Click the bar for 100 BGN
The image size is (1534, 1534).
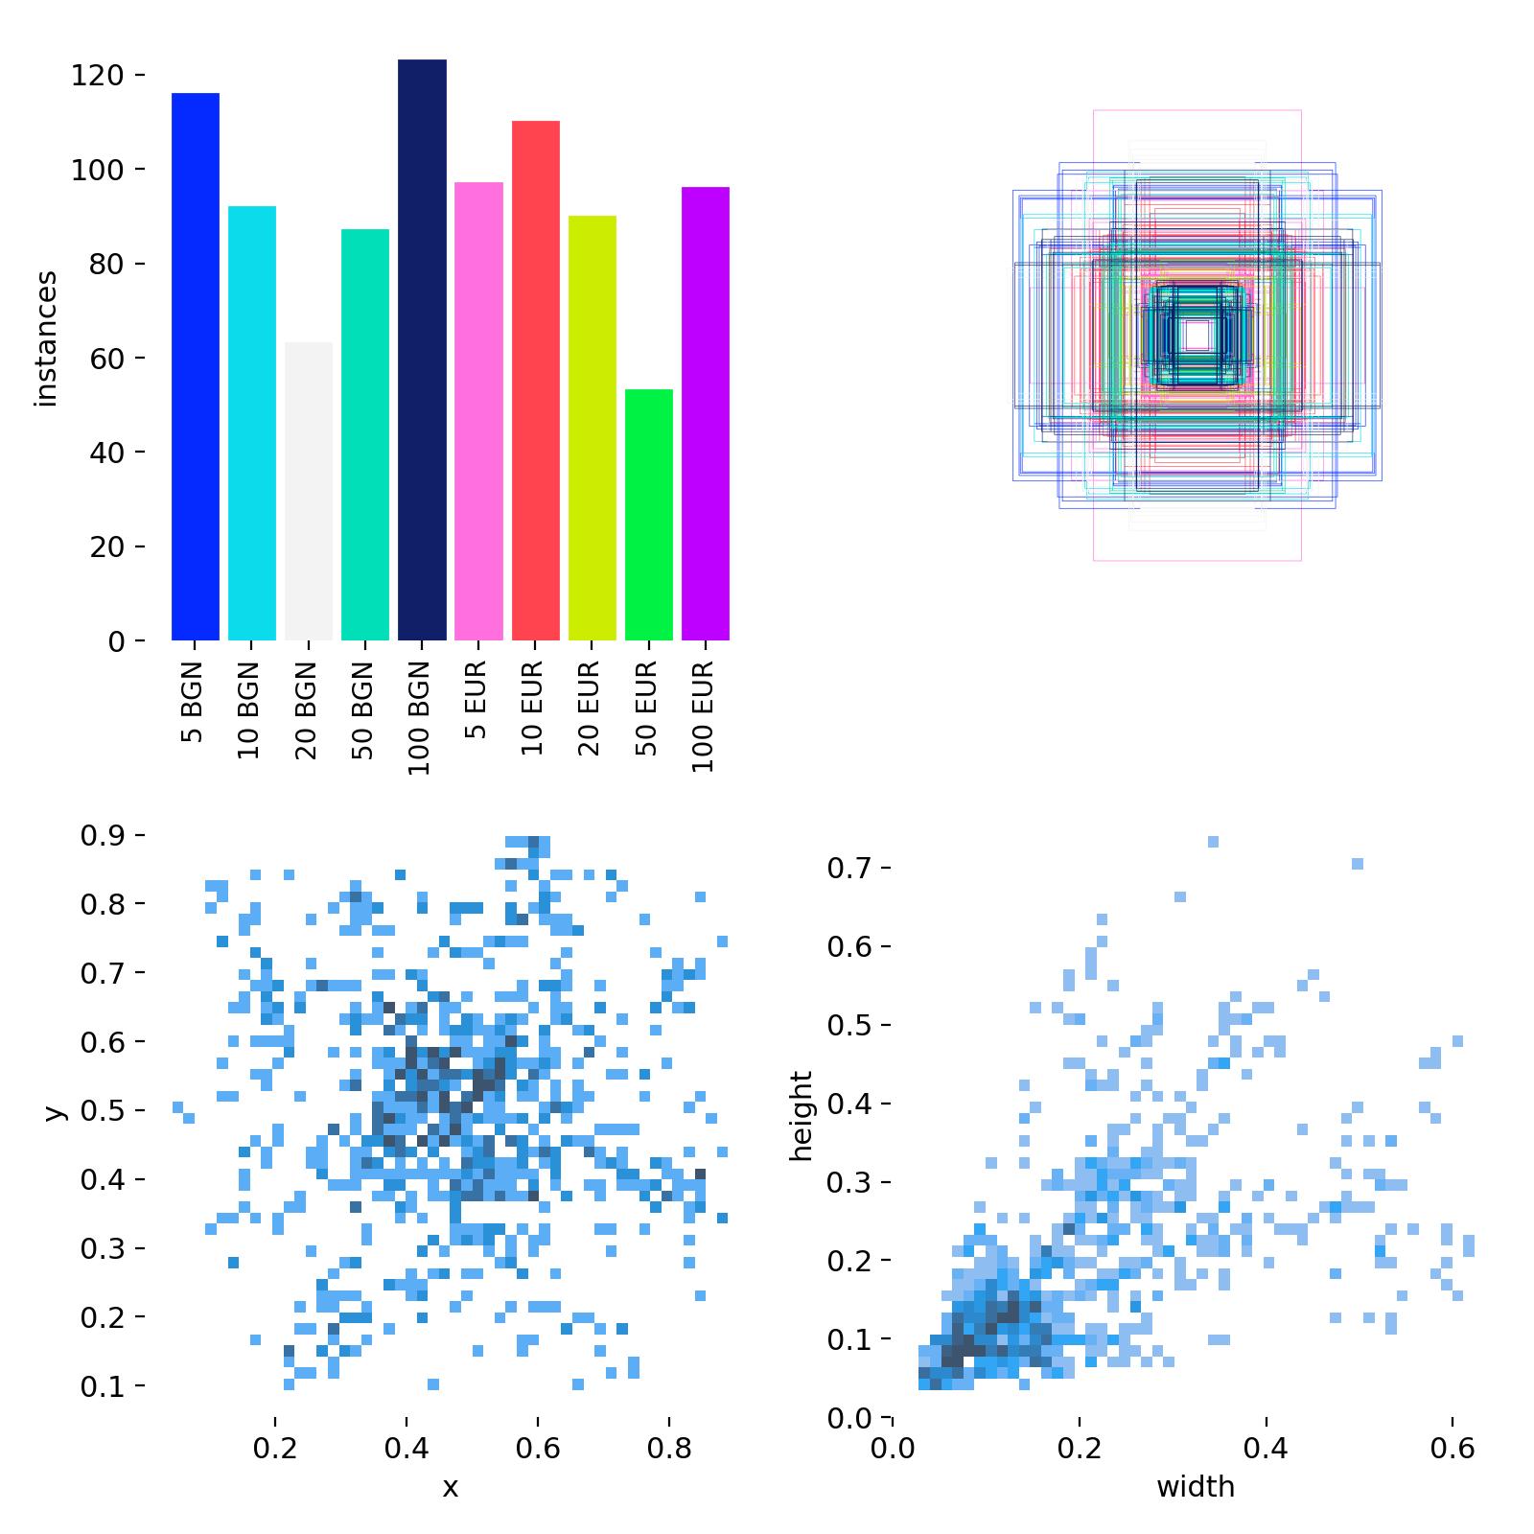tap(422, 350)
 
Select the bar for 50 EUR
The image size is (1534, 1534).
tap(649, 515)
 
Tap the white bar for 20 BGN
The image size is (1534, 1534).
tap(309, 491)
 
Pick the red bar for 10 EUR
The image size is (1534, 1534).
tap(535, 381)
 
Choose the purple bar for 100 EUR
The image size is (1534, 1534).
tap(706, 413)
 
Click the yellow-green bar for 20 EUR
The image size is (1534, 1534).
tap(592, 428)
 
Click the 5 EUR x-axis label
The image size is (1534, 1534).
tap(476, 700)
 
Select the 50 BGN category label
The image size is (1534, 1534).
tap(362, 710)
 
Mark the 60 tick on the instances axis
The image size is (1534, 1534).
tap(106, 359)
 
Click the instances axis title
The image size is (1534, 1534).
tap(46, 338)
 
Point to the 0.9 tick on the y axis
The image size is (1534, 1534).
tap(103, 836)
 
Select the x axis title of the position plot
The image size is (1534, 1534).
tap(450, 1487)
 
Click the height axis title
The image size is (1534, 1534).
tap(802, 1115)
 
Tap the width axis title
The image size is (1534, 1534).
tap(1196, 1487)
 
